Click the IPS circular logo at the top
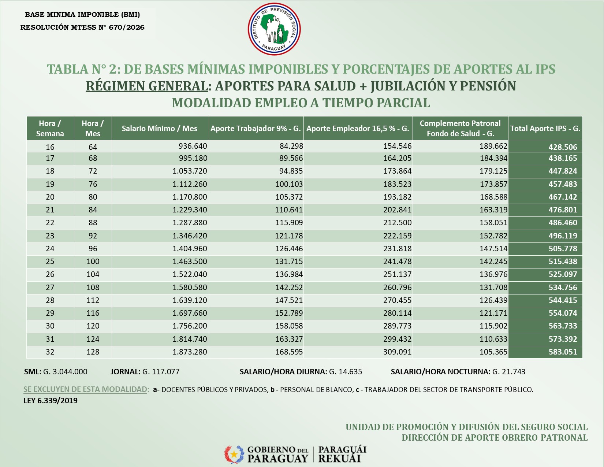pyautogui.click(x=274, y=29)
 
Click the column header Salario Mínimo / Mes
pyautogui.click(x=160, y=128)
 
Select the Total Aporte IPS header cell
pyautogui.click(x=545, y=128)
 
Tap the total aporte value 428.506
pyautogui.click(x=563, y=147)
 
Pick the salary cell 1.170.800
pyautogui.click(x=190, y=197)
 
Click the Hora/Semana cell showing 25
pyautogui.click(x=50, y=262)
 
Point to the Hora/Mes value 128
pyautogui.click(x=93, y=352)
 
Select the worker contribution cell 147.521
pyautogui.click(x=289, y=300)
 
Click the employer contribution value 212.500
pyautogui.click(x=398, y=223)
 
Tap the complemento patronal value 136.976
pyautogui.click(x=493, y=274)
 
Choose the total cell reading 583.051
pyautogui.click(x=563, y=352)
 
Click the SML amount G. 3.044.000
pyautogui.click(x=65, y=372)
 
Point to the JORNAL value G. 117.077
pyautogui.click(x=161, y=372)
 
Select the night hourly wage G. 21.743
pyautogui.click(x=509, y=372)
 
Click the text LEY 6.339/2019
pyautogui.click(x=51, y=401)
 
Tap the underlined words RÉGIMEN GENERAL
pyautogui.click(x=147, y=86)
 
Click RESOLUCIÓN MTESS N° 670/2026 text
pyautogui.click(x=82, y=27)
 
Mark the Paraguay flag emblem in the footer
pyautogui.click(x=234, y=454)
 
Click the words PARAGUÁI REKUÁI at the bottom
pyautogui.click(x=342, y=454)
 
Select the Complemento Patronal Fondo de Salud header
pyautogui.click(x=460, y=128)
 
